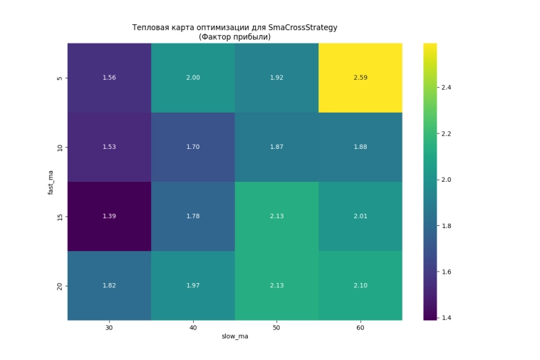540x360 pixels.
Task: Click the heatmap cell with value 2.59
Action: [x=360, y=78]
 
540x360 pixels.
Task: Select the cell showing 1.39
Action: [x=109, y=216]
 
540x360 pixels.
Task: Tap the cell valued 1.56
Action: [x=109, y=78]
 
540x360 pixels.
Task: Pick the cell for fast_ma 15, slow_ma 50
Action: [x=276, y=216]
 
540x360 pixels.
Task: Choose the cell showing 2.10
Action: [x=360, y=286]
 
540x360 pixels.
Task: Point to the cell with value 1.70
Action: [x=193, y=147]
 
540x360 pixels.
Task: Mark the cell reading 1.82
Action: [x=109, y=286]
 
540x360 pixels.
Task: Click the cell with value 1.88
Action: [x=360, y=147]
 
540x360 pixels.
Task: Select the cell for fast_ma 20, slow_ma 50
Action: [x=276, y=286]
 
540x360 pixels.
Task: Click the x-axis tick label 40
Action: [x=193, y=329]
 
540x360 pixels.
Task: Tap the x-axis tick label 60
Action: [x=360, y=329]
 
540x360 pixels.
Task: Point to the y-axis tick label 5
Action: [x=59, y=78]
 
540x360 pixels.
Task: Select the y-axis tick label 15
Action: [x=59, y=216]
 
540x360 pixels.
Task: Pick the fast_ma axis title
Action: [x=50, y=182]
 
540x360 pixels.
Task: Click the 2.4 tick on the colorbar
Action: [x=447, y=88]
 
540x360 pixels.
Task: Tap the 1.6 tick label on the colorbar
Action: [x=447, y=272]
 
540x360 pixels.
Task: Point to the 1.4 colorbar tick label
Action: [x=447, y=317]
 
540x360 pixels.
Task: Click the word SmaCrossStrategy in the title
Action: [x=302, y=28]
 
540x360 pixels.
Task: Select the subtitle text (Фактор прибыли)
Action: [x=234, y=36]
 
